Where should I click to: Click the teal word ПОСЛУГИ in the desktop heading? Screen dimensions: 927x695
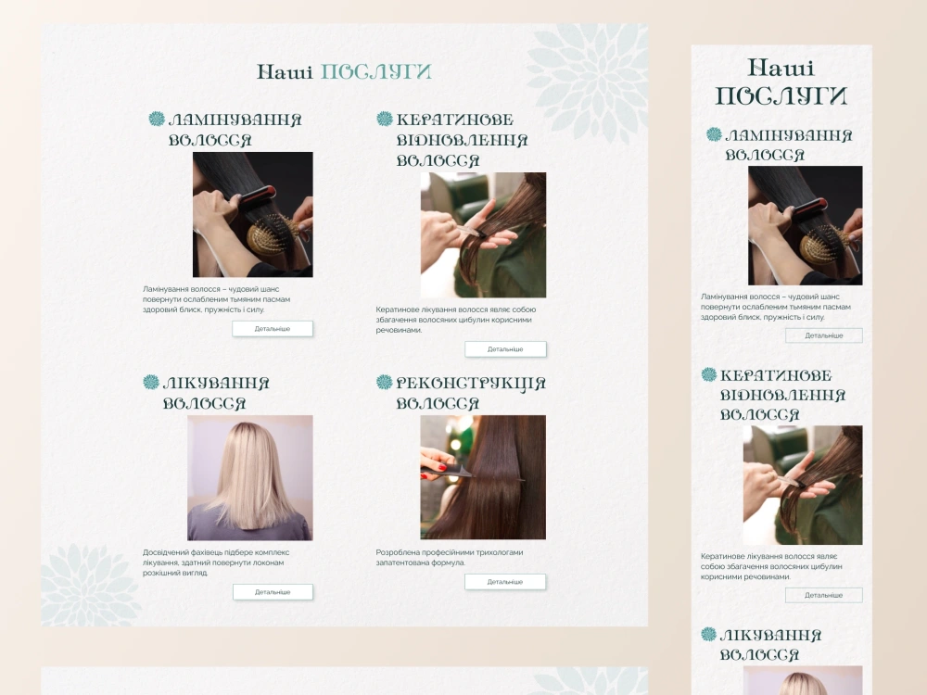376,71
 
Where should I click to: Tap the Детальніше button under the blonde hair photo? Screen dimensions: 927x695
273,591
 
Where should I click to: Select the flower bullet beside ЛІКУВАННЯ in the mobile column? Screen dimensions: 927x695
708,634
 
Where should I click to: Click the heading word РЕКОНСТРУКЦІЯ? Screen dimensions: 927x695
471,383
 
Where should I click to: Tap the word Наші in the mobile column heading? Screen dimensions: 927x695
781,68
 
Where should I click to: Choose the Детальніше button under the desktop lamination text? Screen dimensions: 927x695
273,329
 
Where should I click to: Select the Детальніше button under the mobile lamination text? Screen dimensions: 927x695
823,335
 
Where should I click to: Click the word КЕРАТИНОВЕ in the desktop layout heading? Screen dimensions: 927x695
454,120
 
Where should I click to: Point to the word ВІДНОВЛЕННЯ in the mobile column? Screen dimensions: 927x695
782,396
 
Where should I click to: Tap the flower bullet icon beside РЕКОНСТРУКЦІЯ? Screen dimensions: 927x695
385,382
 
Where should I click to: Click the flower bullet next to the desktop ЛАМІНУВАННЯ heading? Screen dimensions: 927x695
157,119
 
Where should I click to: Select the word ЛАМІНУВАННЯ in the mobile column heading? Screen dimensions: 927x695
789,136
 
